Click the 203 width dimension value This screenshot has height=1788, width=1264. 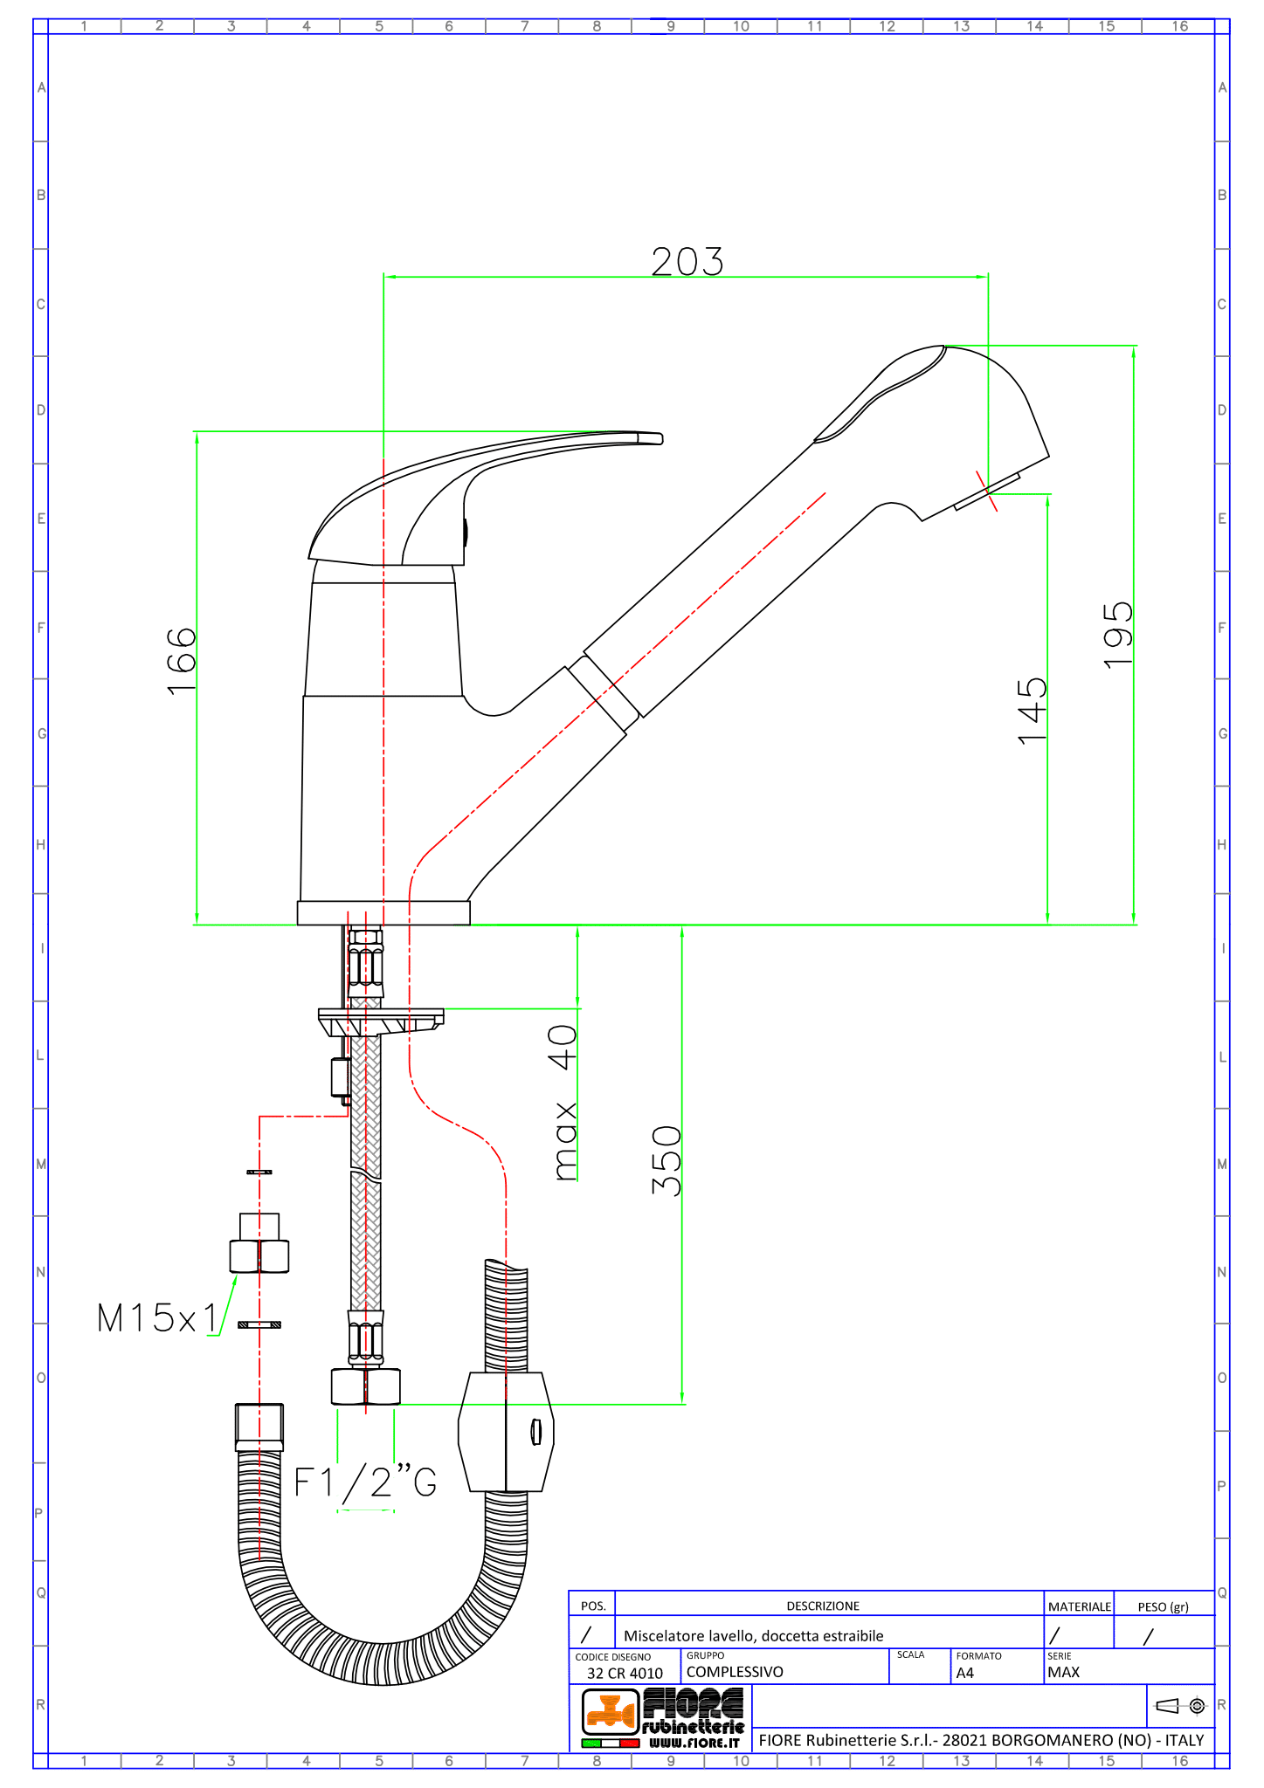point(687,262)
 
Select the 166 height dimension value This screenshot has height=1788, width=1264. point(182,661)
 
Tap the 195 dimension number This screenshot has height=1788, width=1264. point(1117,635)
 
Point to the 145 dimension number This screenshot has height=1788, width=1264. point(1032,710)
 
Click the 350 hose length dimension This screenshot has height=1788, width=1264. point(666,1160)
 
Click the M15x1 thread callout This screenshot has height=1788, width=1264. point(157,1318)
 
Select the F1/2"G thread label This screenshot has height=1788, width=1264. point(365,1482)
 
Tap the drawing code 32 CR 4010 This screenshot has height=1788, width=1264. point(625,1674)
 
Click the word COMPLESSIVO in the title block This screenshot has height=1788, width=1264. point(735,1672)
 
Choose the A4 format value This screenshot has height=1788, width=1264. point(964,1674)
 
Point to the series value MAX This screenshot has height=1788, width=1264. point(1063,1673)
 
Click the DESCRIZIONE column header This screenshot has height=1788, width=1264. point(823,1606)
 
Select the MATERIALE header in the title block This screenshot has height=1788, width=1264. point(1080,1606)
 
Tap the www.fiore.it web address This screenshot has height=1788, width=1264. point(694,1743)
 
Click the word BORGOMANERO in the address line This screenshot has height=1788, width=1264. point(1027,1740)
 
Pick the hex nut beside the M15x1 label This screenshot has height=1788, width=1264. point(259,1255)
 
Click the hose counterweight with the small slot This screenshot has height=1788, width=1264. point(506,1432)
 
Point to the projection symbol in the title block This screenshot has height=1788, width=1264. point(1180,1705)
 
